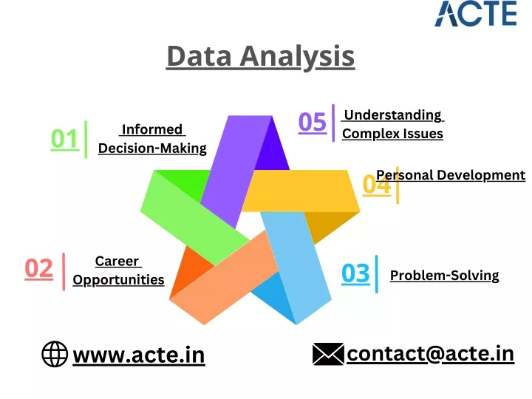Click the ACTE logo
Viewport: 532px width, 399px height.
pos(476,13)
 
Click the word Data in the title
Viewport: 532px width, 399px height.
pos(199,56)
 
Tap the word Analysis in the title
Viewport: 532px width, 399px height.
pos(297,57)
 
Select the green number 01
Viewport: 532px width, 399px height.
pos(65,139)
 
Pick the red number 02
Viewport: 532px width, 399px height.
pos(39,269)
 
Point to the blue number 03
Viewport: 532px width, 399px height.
pos(355,273)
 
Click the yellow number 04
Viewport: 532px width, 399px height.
pos(376,185)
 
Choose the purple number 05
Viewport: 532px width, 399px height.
pos(312,122)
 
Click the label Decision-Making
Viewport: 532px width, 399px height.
pos(152,149)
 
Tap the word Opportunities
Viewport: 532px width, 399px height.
pos(118,280)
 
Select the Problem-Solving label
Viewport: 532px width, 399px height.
pos(445,276)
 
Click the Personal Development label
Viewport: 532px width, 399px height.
pos(451,175)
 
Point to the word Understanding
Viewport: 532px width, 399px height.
pos(392,115)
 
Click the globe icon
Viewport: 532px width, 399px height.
pos(55,354)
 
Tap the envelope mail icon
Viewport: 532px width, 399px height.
pos(328,354)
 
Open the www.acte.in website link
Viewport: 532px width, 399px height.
pos(139,355)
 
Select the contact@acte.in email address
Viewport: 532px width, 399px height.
pos(430,354)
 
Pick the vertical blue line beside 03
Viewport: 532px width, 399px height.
pos(377,274)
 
